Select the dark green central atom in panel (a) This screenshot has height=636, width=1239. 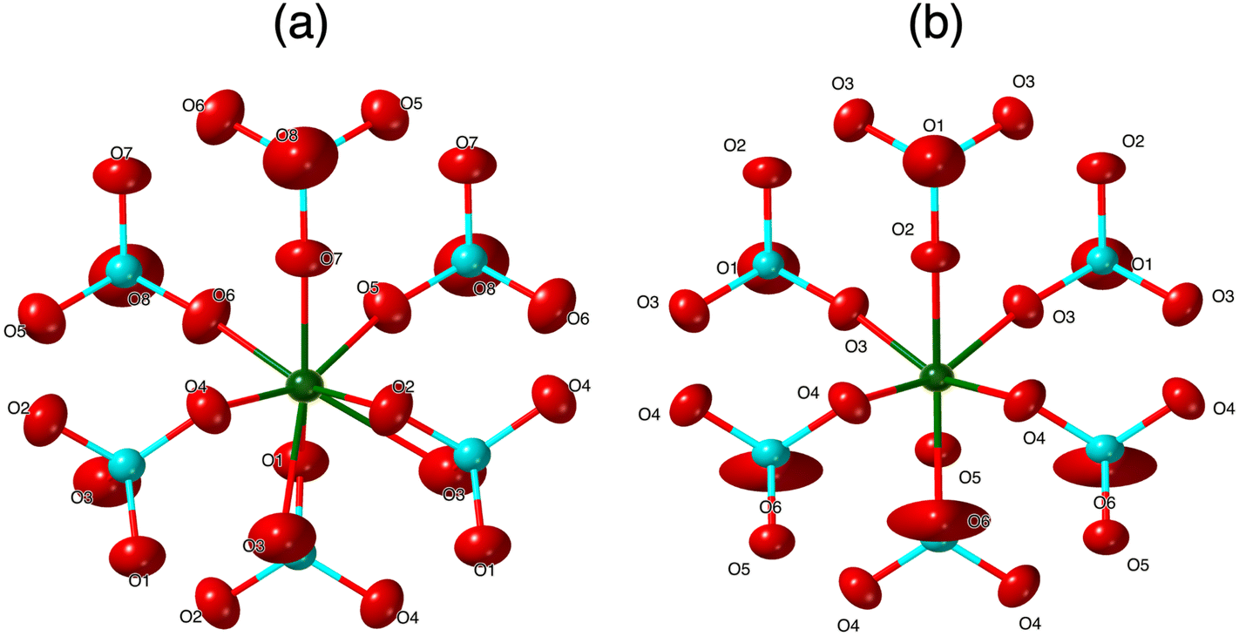[x=304, y=383]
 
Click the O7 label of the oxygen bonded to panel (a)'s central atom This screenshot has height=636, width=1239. [x=331, y=259]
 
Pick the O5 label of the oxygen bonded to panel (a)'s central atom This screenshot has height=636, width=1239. [x=367, y=287]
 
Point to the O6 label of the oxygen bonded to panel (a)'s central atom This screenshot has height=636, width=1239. [x=224, y=296]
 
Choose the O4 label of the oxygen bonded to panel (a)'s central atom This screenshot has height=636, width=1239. [x=195, y=386]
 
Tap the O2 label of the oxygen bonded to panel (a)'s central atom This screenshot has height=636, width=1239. [x=403, y=386]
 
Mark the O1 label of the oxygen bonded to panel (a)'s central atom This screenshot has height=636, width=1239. [x=273, y=458]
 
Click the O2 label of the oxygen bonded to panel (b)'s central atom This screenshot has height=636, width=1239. [x=902, y=229]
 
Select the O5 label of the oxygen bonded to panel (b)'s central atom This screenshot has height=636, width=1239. [x=970, y=477]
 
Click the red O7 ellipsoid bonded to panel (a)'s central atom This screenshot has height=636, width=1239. [x=302, y=258]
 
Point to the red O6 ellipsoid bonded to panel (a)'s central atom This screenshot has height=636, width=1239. [x=210, y=315]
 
